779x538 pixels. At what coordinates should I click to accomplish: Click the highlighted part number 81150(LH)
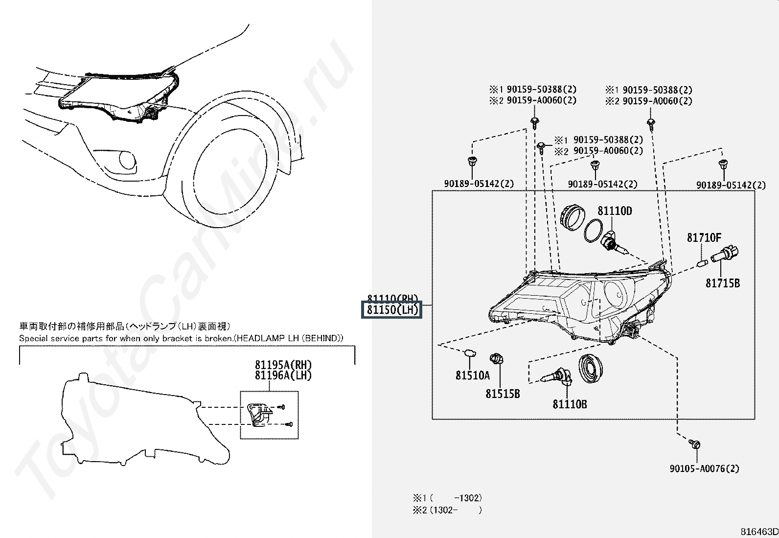(x=392, y=310)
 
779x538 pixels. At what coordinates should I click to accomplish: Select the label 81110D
(x=615, y=211)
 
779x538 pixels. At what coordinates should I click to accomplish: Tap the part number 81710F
(x=704, y=238)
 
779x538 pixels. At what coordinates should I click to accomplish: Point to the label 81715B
(x=722, y=283)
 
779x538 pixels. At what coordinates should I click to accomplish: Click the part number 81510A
(x=472, y=375)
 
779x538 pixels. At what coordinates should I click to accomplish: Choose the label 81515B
(x=503, y=394)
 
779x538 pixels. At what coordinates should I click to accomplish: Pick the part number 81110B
(x=570, y=404)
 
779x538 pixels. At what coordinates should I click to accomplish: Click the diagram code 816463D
(x=759, y=532)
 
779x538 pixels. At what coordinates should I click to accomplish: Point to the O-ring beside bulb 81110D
(x=593, y=230)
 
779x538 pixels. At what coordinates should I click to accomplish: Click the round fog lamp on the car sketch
(x=127, y=160)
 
